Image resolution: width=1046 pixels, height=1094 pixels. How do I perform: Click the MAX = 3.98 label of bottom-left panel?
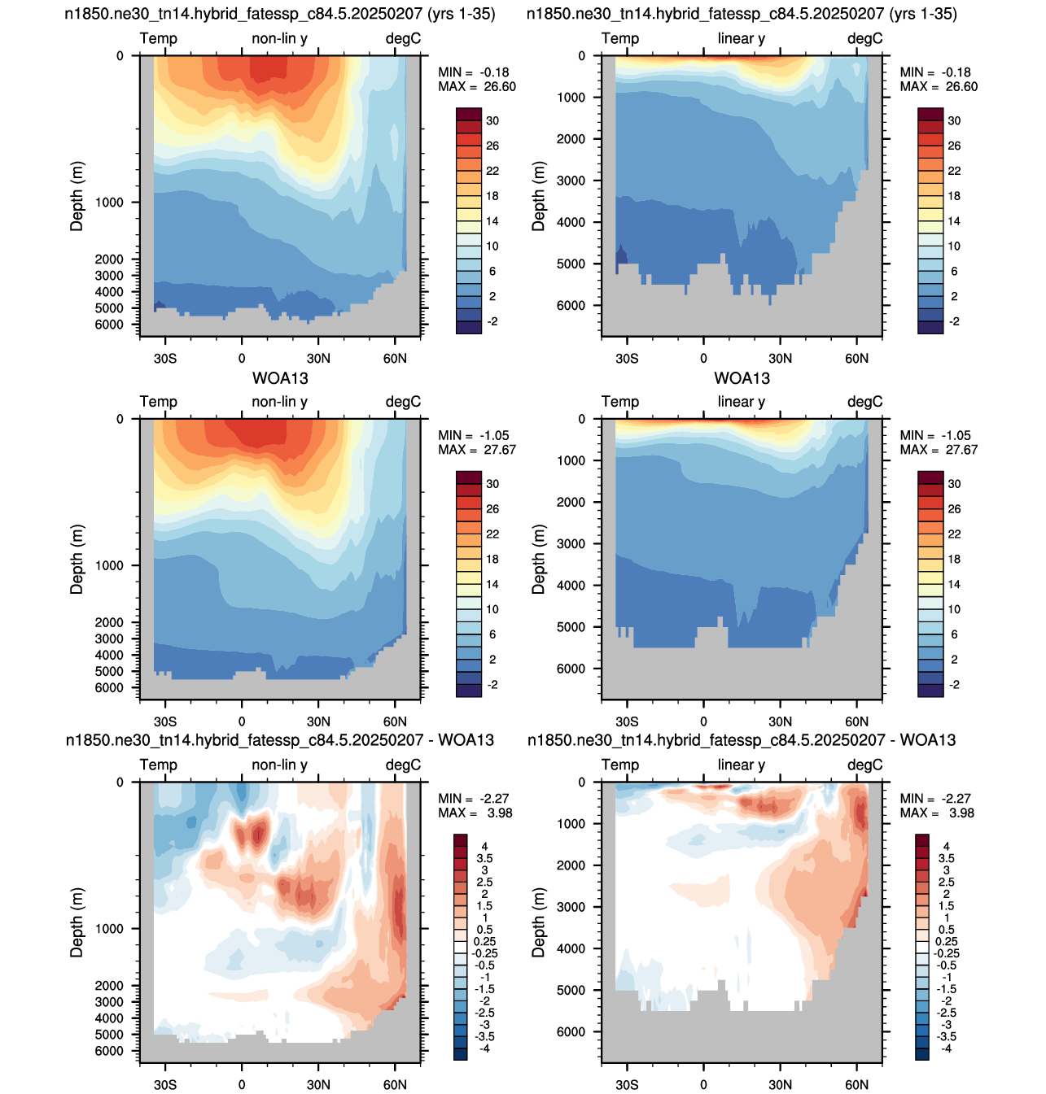click(x=475, y=813)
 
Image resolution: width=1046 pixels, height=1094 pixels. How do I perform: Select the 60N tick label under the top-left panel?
click(x=395, y=358)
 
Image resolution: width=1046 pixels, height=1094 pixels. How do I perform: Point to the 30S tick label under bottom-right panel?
click(x=627, y=1084)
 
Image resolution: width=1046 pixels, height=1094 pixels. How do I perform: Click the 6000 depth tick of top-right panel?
click(x=571, y=305)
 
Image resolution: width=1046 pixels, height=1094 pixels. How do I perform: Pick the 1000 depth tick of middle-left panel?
click(x=109, y=565)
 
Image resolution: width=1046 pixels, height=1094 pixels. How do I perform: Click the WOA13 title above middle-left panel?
click(x=280, y=377)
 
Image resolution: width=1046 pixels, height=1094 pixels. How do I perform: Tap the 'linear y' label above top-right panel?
click(x=741, y=38)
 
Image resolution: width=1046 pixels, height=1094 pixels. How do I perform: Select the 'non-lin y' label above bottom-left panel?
click(x=280, y=765)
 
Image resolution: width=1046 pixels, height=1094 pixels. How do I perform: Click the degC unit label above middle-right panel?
click(x=864, y=401)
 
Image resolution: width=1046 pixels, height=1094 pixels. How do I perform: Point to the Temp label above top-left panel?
click(x=158, y=38)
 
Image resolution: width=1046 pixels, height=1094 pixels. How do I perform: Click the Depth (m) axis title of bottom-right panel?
click(x=538, y=922)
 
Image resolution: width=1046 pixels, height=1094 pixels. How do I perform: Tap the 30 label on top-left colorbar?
click(x=492, y=121)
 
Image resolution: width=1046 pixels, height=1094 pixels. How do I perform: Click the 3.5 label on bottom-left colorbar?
click(x=484, y=858)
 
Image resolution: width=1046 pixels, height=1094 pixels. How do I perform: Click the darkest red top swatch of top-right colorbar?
click(x=930, y=114)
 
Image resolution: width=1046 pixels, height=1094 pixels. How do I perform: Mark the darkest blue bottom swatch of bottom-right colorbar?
click(x=922, y=1054)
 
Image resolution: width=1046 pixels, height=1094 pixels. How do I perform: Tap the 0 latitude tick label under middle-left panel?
click(x=242, y=721)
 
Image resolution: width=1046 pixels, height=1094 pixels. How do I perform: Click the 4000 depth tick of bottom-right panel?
click(x=571, y=948)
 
